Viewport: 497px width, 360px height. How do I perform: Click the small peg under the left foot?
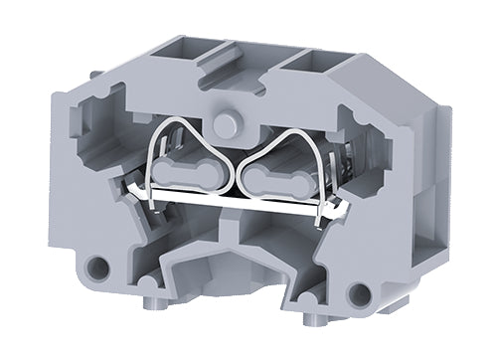click(149, 304)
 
